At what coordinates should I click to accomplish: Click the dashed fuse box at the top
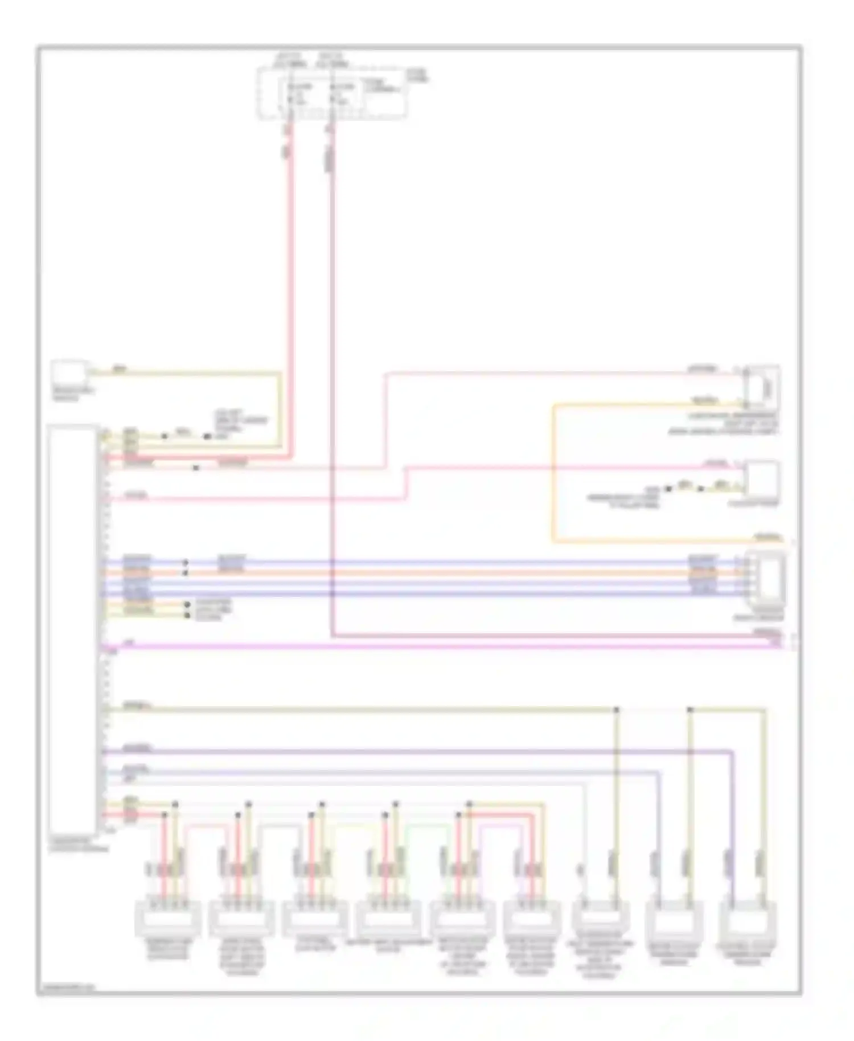pos(331,93)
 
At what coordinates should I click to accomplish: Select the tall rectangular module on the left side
pos(72,629)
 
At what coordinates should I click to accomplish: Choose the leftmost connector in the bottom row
pos(168,918)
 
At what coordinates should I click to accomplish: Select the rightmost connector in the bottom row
pos(748,918)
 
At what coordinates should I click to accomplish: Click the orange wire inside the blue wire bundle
pos(433,572)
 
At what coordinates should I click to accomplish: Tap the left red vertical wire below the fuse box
pos(290,285)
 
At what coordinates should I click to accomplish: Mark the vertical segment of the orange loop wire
pos(552,473)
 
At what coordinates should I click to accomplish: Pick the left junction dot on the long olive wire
pos(616,710)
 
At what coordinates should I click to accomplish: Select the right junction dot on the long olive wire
pos(690,710)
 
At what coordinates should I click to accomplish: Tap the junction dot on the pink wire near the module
pos(196,468)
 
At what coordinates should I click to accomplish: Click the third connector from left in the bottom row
pos(315,918)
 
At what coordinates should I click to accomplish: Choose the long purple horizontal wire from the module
pos(416,752)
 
